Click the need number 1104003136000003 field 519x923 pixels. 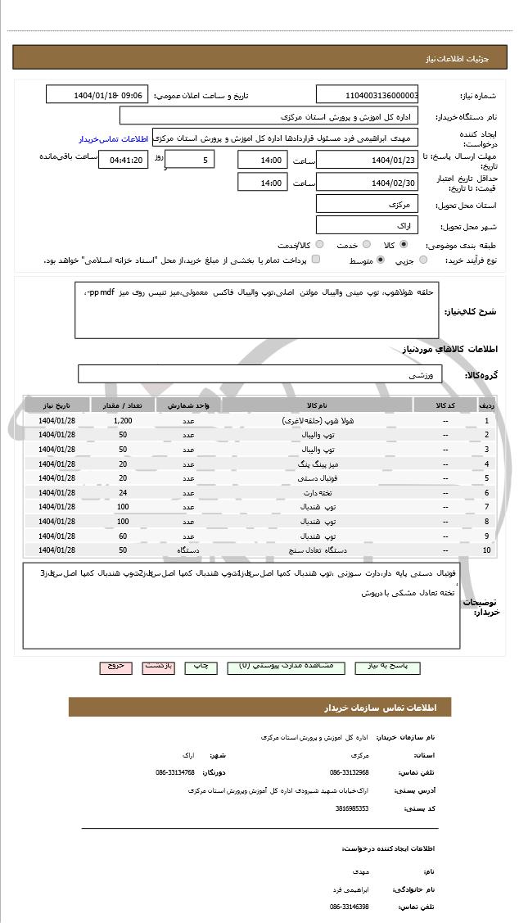(367, 95)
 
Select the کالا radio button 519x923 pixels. (404, 244)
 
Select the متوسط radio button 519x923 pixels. (380, 260)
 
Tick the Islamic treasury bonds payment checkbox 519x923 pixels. (316, 260)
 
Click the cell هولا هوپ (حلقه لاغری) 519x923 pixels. (317, 420)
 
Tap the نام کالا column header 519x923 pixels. (317, 405)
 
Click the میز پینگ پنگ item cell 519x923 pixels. (317, 464)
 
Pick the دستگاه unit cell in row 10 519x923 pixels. (187, 550)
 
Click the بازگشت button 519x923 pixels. (159, 666)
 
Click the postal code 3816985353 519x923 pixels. (352, 808)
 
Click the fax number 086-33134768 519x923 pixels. (175, 772)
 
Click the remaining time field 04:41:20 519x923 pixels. (123, 161)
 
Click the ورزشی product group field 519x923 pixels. (260, 374)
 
